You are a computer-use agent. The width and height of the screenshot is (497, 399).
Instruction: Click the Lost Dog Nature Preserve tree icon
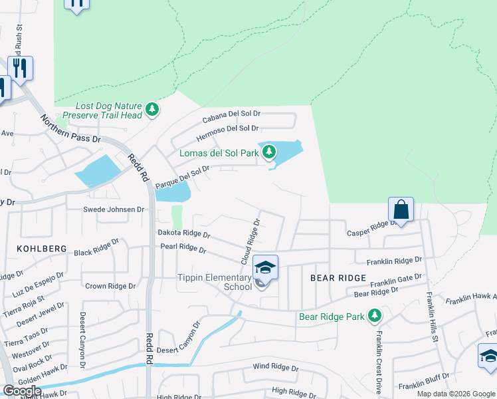click(x=152, y=109)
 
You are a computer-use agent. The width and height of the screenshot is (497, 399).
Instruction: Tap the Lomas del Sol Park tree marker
click(x=269, y=152)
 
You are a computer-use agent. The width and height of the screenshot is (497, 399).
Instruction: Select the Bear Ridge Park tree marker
click(x=375, y=315)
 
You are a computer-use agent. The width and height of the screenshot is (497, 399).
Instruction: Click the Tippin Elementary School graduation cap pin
click(x=265, y=267)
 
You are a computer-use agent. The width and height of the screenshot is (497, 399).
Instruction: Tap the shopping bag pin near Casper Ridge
click(x=401, y=209)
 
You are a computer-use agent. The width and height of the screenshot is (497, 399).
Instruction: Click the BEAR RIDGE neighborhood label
click(x=337, y=277)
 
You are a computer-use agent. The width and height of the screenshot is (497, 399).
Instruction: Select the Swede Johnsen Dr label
click(x=113, y=209)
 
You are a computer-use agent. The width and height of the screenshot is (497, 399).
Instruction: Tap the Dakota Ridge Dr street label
click(x=183, y=234)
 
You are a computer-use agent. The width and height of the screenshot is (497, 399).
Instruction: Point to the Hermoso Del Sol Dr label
click(x=227, y=133)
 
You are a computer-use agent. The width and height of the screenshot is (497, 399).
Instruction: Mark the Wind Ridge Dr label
click(x=276, y=367)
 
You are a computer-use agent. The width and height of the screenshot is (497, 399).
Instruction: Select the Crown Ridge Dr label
click(x=110, y=286)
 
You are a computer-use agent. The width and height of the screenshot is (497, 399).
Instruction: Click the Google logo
click(x=22, y=391)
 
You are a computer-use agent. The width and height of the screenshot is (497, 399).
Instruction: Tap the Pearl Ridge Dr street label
click(x=183, y=249)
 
